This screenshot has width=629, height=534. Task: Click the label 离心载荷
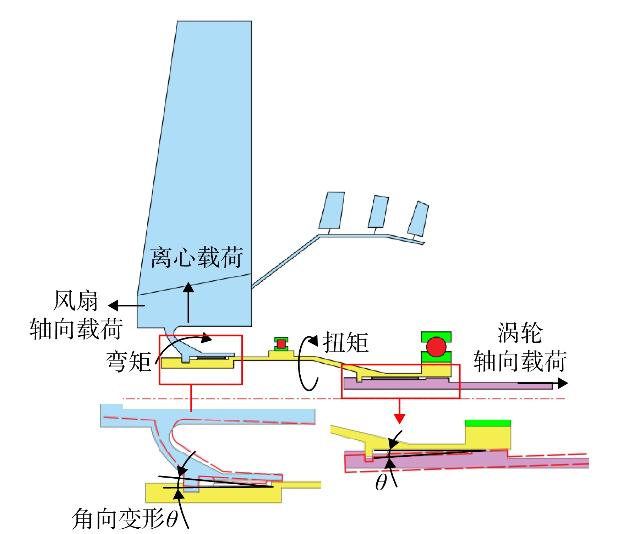[197, 257]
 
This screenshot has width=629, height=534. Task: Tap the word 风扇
[76, 301]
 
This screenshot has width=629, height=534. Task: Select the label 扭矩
[345, 342]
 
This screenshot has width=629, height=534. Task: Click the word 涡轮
[520, 333]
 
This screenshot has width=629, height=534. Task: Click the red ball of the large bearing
[436, 347]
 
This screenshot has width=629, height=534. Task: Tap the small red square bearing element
[281, 343]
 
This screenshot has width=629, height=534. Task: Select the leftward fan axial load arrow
[126, 305]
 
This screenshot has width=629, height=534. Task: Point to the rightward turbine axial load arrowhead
[563, 383]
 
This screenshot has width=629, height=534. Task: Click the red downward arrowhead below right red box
[400, 419]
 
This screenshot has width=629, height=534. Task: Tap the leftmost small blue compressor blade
[332, 210]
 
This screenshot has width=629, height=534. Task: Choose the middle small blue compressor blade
[378, 211]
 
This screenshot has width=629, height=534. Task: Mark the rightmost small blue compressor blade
[418, 219]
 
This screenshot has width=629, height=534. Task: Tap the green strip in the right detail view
[488, 423]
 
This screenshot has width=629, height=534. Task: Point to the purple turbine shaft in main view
[447, 384]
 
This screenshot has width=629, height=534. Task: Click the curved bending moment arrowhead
[207, 338]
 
